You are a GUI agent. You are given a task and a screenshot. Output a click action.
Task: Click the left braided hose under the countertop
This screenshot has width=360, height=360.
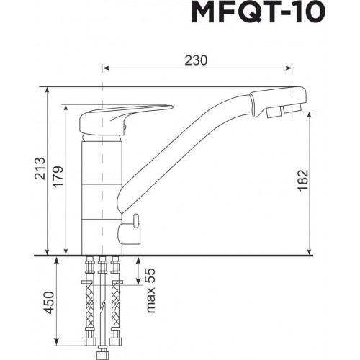click(90, 302)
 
